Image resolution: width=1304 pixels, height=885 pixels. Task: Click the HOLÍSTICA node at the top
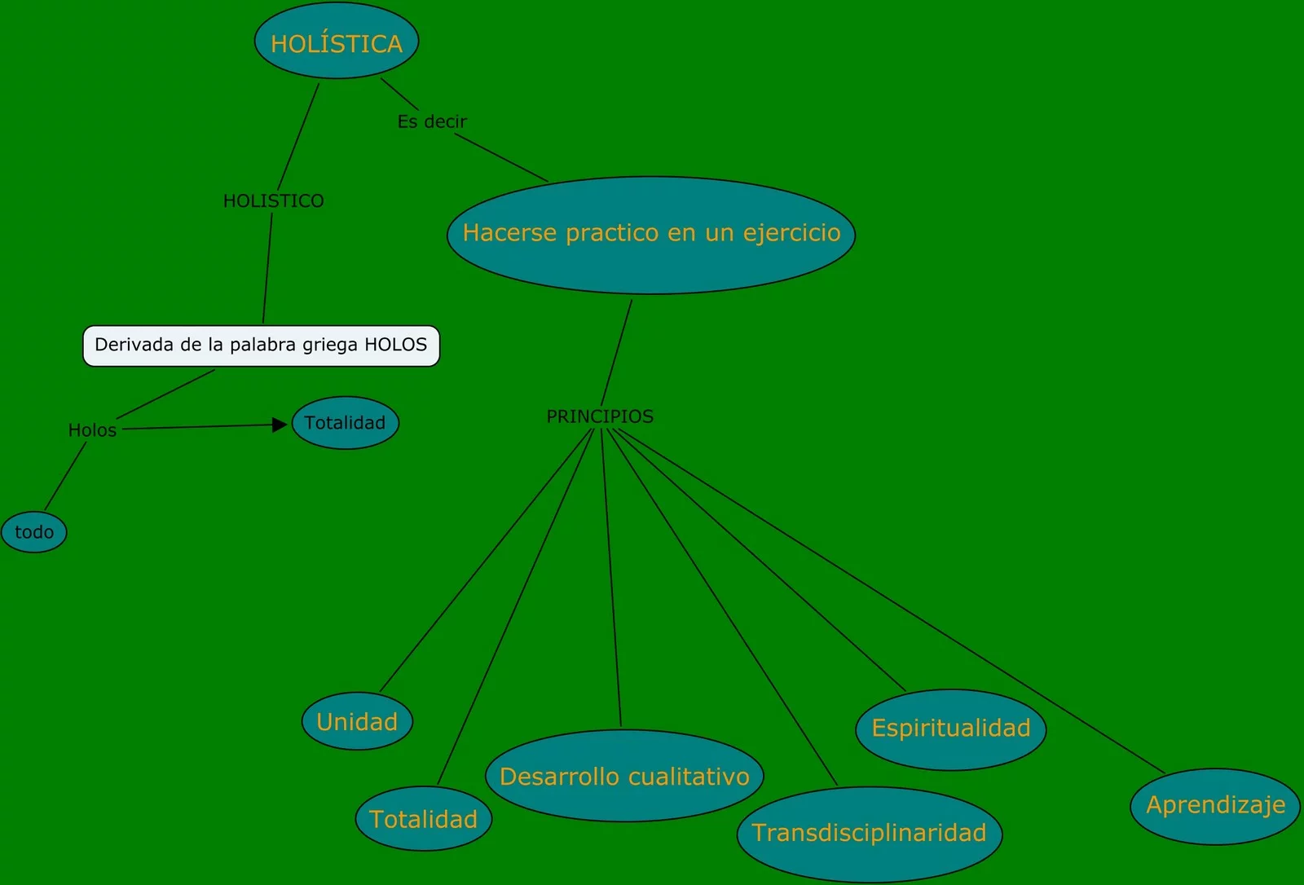pos(336,42)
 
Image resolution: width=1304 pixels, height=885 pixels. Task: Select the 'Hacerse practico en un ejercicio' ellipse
pos(650,235)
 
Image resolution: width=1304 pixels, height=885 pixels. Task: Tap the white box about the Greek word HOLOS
pos(261,346)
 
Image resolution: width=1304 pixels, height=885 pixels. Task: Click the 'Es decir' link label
pos(432,121)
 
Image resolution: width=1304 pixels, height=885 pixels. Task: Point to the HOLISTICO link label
pos(273,200)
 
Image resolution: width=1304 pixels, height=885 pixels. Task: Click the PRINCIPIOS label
pos(600,416)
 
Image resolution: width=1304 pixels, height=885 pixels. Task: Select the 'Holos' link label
pos(92,430)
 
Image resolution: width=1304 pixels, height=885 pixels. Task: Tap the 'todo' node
pos(34,532)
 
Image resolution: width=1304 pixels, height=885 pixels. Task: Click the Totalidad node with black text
pos(345,423)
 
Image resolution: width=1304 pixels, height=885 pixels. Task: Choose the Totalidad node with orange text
pos(423,819)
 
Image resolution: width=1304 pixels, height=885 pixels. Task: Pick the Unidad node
pos(357,722)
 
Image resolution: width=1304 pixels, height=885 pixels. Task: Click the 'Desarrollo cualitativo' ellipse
pos(624,776)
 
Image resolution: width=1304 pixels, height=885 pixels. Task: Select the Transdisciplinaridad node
pos(869,833)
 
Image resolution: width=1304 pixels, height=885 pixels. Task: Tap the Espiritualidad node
pos(950,729)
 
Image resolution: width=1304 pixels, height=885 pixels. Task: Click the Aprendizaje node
pos(1215,805)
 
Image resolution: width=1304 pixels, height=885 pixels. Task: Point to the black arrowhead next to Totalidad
pos(280,425)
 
